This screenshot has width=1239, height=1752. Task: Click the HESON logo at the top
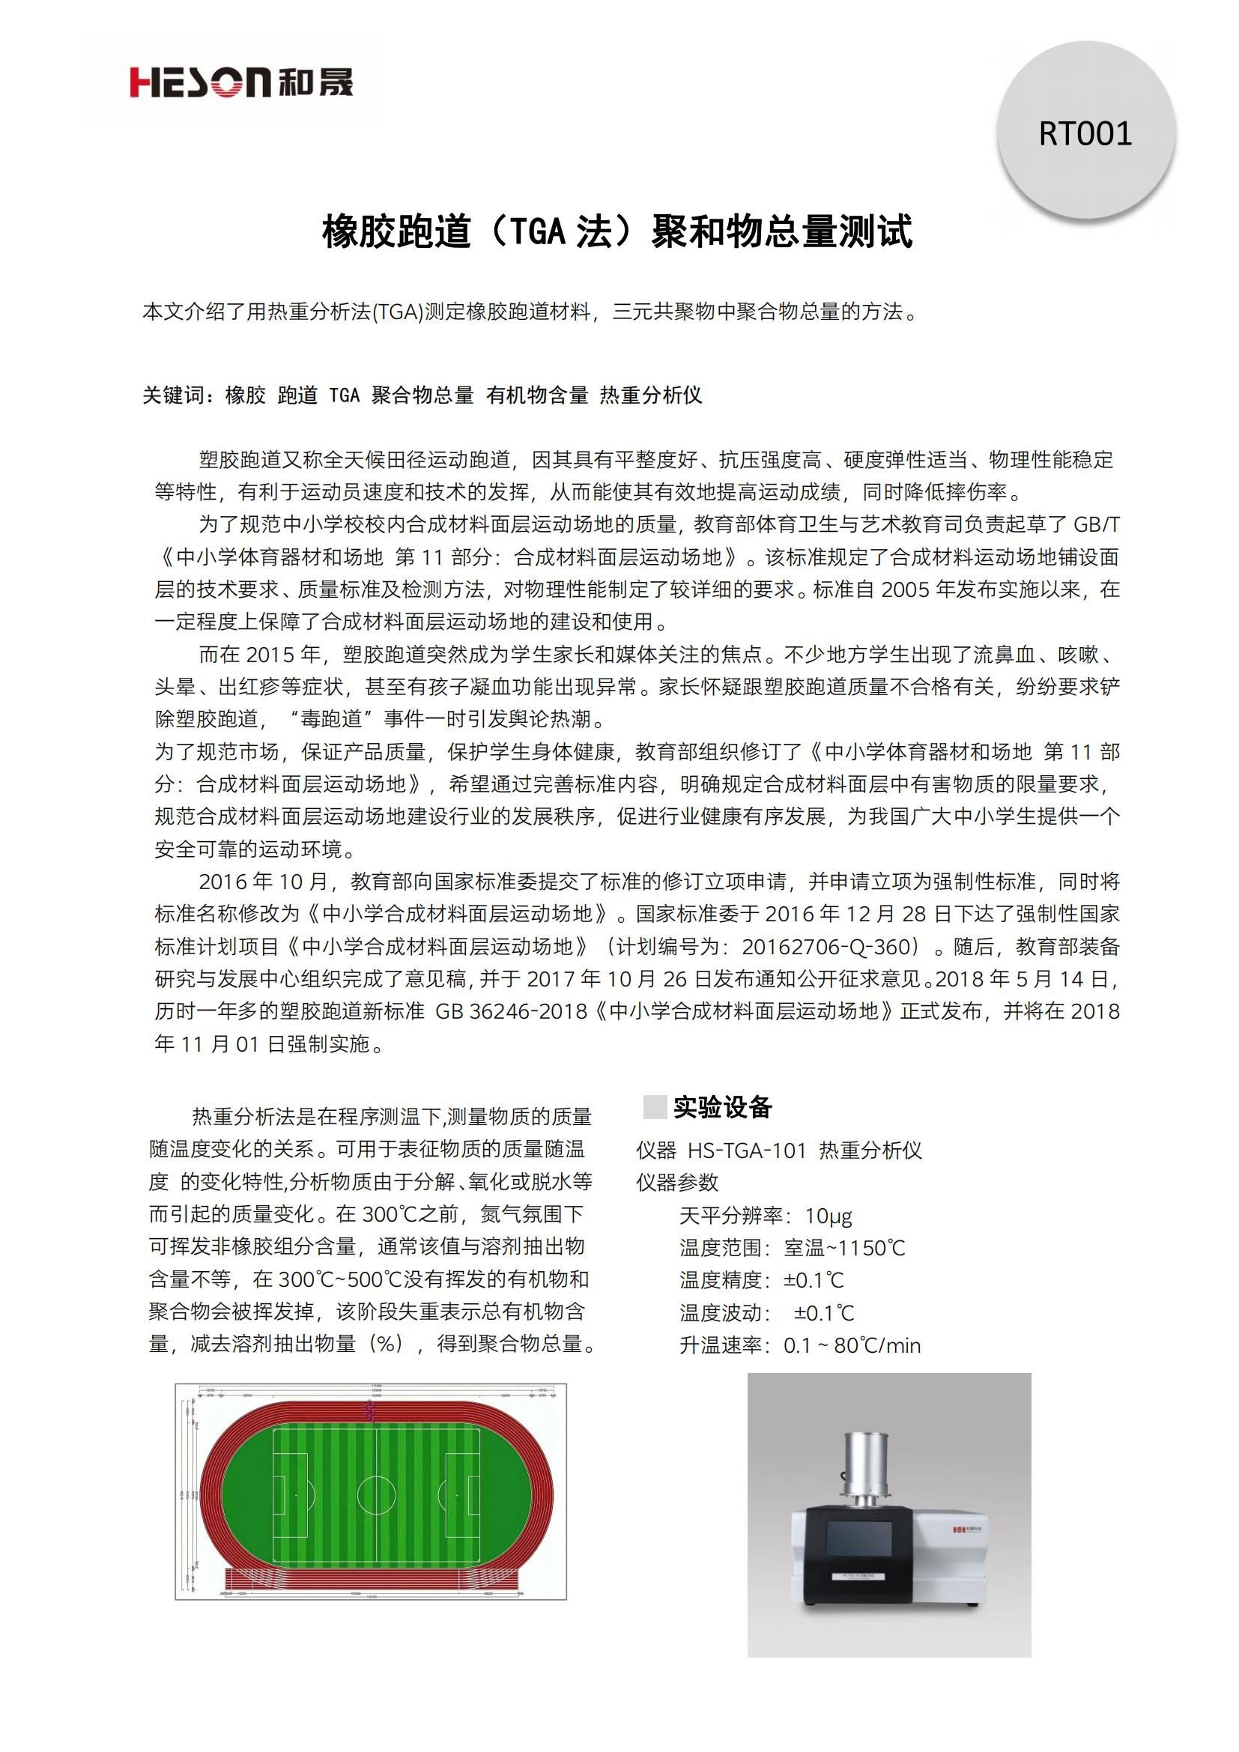[x=241, y=82]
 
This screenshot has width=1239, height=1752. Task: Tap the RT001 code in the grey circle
[x=1085, y=133]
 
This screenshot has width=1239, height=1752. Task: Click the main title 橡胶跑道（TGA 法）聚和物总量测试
[x=617, y=231]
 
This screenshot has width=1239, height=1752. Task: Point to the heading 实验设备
[x=722, y=1107]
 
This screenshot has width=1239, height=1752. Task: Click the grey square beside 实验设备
[x=655, y=1107]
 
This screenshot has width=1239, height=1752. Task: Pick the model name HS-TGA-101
[x=747, y=1151]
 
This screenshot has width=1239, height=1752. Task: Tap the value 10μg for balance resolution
[x=828, y=1216]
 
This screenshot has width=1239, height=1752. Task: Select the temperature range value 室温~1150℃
[x=844, y=1249]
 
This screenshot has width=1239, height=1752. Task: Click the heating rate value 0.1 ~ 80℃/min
[x=852, y=1345]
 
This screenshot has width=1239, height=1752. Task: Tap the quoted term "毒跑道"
[x=330, y=720]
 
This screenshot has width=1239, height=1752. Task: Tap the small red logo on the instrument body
[x=960, y=1529]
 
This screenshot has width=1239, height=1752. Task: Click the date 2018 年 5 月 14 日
[x=1027, y=980]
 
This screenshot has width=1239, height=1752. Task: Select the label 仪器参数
[x=677, y=1183]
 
